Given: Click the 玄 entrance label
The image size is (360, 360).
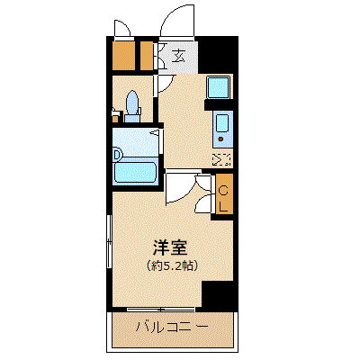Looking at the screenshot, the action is click(178, 56).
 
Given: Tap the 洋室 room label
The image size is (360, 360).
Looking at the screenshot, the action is click(170, 247).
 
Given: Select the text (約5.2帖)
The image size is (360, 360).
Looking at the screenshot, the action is click(172, 265).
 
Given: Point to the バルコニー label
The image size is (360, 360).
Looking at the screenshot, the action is click(172, 327).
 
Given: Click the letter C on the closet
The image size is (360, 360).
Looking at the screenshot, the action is click(223, 190).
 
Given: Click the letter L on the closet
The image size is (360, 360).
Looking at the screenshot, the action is click(223, 207).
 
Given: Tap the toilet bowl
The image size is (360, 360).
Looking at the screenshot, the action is click(132, 103).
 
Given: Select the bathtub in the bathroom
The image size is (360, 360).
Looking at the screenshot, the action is click(135, 172).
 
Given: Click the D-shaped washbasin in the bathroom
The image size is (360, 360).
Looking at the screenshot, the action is click(118, 156).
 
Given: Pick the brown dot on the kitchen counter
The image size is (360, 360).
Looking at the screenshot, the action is click(221, 139).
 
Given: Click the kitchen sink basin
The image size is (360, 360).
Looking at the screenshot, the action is click(222, 123).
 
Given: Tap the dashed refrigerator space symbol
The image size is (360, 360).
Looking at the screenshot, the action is click(221, 160).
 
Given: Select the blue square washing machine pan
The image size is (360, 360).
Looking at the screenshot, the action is click(219, 86).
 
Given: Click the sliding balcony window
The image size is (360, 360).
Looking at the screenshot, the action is click(161, 310).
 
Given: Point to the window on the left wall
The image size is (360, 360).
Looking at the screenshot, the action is click(109, 241).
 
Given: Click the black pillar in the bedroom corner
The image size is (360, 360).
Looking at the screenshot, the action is click(218, 294).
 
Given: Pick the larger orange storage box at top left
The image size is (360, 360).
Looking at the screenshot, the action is click(123, 56).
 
